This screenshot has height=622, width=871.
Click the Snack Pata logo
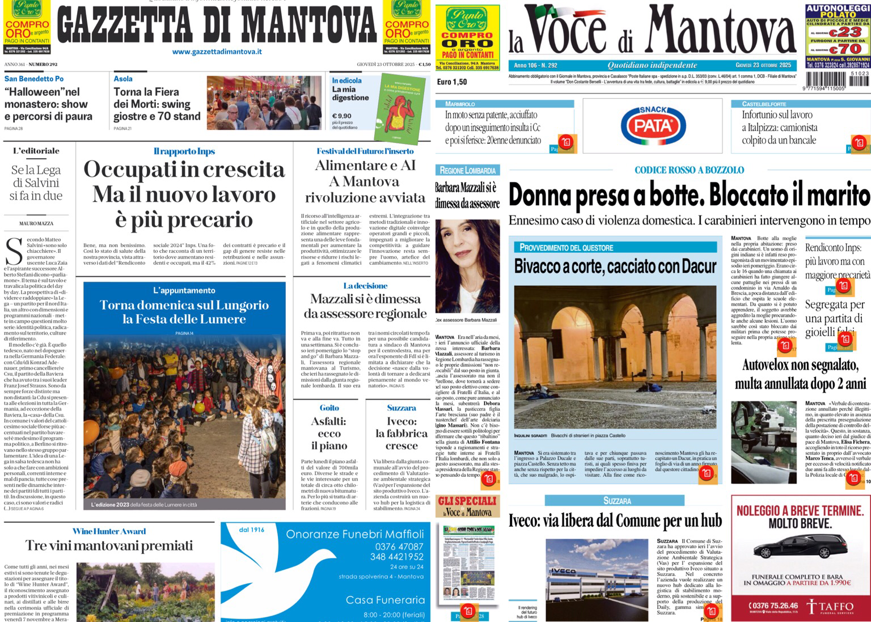pyautogui.click(x=652, y=125)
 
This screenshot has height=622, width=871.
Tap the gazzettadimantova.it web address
pyautogui.click(x=217, y=52)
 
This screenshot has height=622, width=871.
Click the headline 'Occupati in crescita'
pyautogui.click(x=184, y=170)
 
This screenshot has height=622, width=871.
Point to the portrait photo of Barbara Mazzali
pyautogui.click(x=467, y=266)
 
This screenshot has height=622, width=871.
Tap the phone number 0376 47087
pyautogui.click(x=399, y=547)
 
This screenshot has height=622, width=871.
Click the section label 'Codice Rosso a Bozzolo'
pyautogui.click(x=689, y=170)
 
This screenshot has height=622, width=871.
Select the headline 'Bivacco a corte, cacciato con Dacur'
pyautogui.click(x=615, y=266)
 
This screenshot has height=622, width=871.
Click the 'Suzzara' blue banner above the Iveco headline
pyautogui.click(x=616, y=501)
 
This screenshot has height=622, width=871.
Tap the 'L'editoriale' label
pyautogui.click(x=36, y=151)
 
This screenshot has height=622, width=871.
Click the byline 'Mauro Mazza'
pyautogui.click(x=36, y=223)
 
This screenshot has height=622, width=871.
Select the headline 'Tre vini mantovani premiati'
pyautogui.click(x=109, y=545)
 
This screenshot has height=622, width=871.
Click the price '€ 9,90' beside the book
pyautogui.click(x=341, y=116)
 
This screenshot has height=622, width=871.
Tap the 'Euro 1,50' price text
pyautogui.click(x=452, y=82)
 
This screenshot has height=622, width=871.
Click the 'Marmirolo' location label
pyautogui.click(x=460, y=104)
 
